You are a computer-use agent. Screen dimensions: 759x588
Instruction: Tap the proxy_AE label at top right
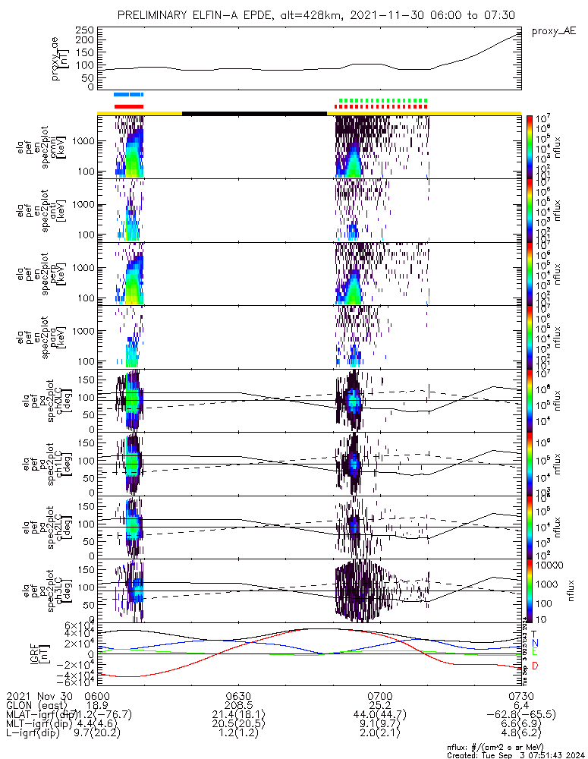(553, 31)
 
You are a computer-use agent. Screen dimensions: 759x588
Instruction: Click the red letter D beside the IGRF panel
(535, 666)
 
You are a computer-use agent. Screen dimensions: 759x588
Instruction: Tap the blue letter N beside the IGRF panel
(535, 642)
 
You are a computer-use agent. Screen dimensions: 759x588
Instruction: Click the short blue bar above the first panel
(128, 95)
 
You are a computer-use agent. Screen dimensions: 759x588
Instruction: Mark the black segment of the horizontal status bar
(254, 113)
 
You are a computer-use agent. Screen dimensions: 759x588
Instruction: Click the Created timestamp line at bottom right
(512, 754)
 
